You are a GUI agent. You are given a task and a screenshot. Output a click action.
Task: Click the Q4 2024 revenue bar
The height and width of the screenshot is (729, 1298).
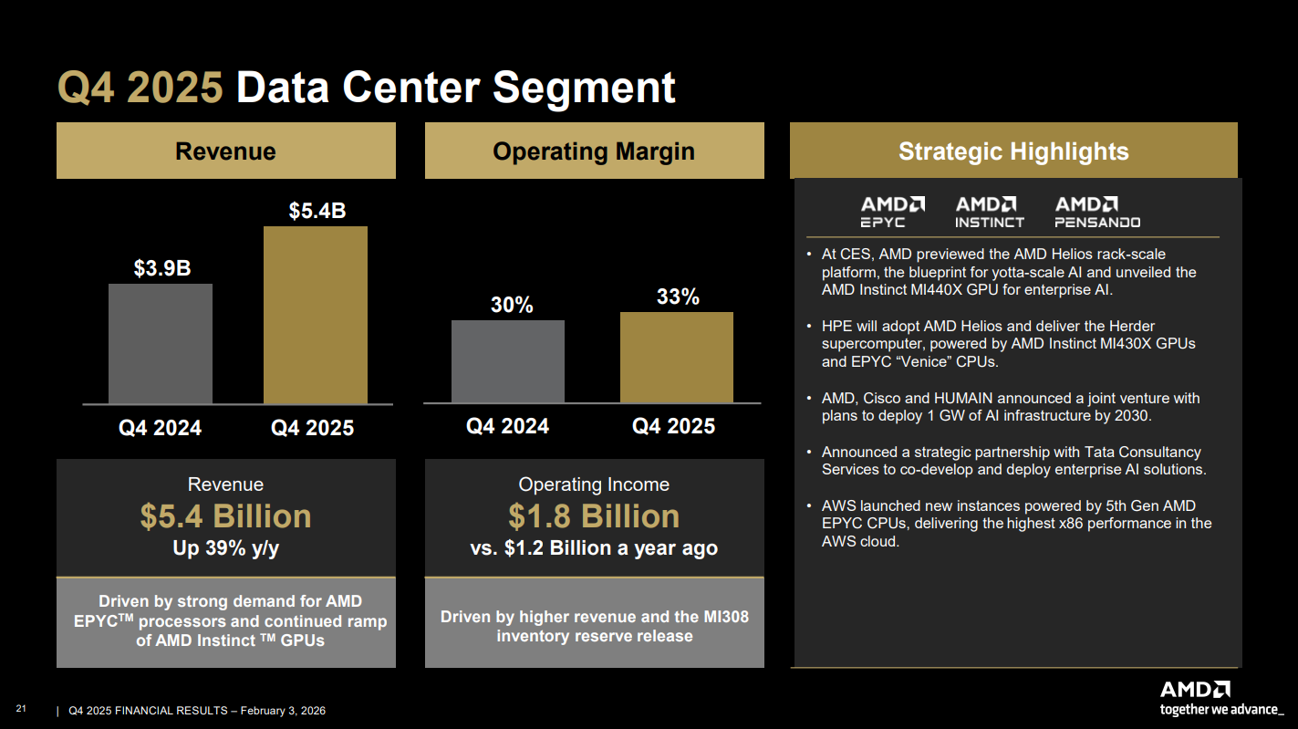[x=160, y=343]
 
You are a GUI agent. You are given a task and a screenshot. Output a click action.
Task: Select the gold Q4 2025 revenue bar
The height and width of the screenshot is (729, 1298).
[x=316, y=315]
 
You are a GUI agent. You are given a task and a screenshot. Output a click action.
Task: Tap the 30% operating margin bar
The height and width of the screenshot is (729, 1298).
[x=507, y=361]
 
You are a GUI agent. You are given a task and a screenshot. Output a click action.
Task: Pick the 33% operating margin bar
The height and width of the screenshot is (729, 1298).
[x=676, y=357]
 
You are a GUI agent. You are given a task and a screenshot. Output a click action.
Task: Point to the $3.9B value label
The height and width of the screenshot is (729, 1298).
[x=162, y=268]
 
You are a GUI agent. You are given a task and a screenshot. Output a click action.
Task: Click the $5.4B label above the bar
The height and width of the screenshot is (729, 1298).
[x=317, y=211]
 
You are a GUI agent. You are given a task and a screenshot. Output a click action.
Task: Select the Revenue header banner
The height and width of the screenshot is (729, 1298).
[x=225, y=151]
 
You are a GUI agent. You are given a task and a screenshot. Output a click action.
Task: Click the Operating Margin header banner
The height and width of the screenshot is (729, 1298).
[x=594, y=151]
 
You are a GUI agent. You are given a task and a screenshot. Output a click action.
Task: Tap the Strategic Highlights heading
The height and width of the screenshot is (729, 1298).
[x=1012, y=151]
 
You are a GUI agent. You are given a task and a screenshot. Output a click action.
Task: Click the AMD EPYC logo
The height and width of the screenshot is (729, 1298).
[x=893, y=212]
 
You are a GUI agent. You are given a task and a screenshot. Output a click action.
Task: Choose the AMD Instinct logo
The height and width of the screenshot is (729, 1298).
[x=989, y=212]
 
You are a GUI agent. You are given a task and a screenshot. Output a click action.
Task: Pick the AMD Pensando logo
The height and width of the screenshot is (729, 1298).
[x=1097, y=212]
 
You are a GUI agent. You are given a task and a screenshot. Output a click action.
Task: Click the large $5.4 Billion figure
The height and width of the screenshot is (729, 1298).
[x=225, y=516]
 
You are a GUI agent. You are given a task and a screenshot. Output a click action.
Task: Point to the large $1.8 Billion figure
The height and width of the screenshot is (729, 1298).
[x=594, y=516]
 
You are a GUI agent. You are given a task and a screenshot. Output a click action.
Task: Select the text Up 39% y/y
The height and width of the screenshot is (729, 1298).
[x=225, y=548]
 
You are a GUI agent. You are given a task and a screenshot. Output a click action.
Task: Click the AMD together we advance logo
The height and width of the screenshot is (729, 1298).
[x=1220, y=699]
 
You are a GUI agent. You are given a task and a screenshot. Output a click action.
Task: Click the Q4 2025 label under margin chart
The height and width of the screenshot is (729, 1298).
[x=673, y=426]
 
